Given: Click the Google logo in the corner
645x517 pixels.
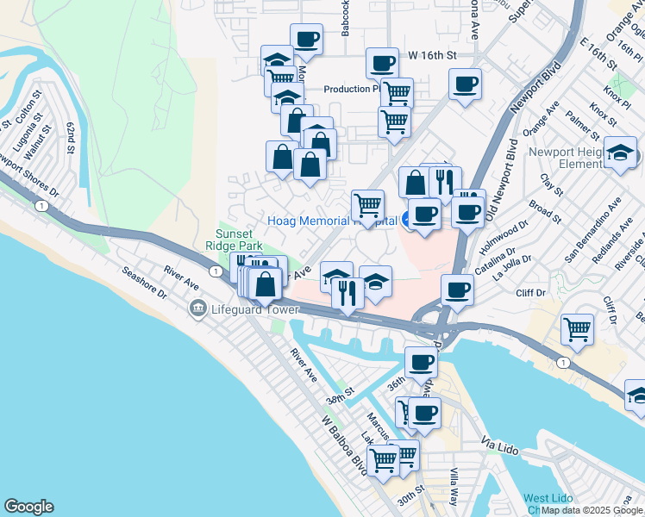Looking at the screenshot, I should (28, 507).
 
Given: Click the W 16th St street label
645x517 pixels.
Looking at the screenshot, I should (432, 55).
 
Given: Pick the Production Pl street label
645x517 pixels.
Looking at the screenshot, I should (352, 89).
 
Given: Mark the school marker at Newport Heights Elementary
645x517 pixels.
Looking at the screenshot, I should (620, 152).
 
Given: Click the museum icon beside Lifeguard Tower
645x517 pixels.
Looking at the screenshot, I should (198, 308).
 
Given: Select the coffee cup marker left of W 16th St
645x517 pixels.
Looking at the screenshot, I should (382, 62).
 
